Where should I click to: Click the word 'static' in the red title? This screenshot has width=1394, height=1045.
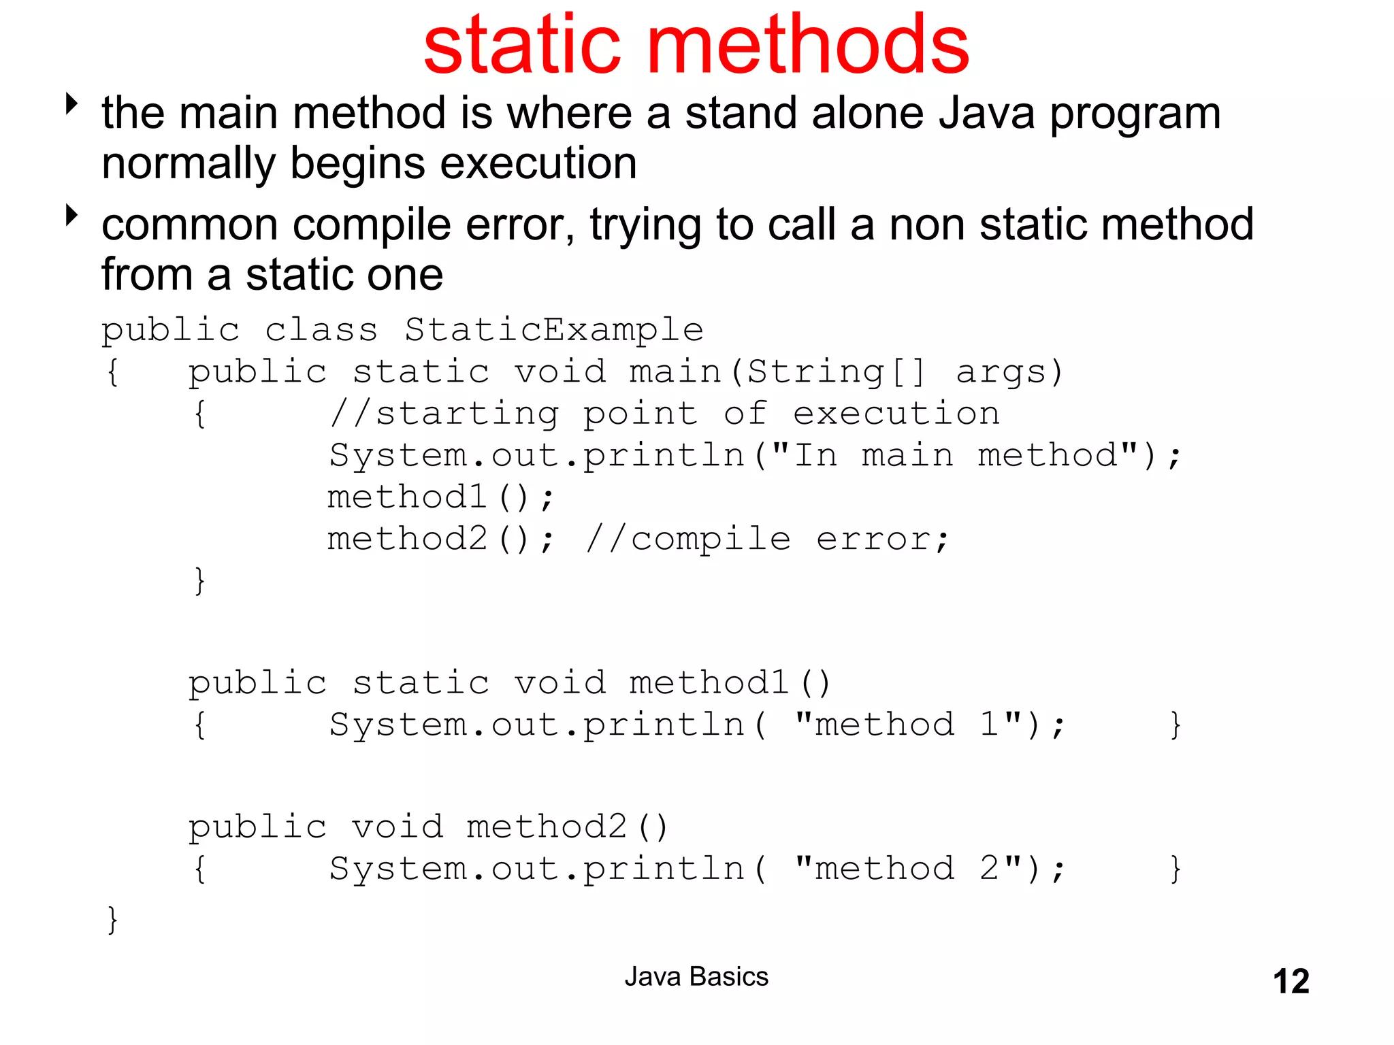point(521,46)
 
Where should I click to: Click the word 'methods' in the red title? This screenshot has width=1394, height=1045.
point(808,46)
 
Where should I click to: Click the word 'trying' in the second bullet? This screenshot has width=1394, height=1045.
point(645,226)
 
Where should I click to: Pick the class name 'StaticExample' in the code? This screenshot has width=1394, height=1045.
point(553,330)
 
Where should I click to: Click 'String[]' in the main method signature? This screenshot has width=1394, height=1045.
point(836,372)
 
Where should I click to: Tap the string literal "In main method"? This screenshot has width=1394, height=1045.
point(955,454)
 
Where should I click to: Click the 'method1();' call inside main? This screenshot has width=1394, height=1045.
point(440,497)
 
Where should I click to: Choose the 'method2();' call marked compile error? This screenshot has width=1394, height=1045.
point(440,540)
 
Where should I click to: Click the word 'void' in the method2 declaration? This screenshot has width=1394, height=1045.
point(398,827)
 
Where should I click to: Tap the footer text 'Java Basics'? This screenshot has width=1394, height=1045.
point(696,977)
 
